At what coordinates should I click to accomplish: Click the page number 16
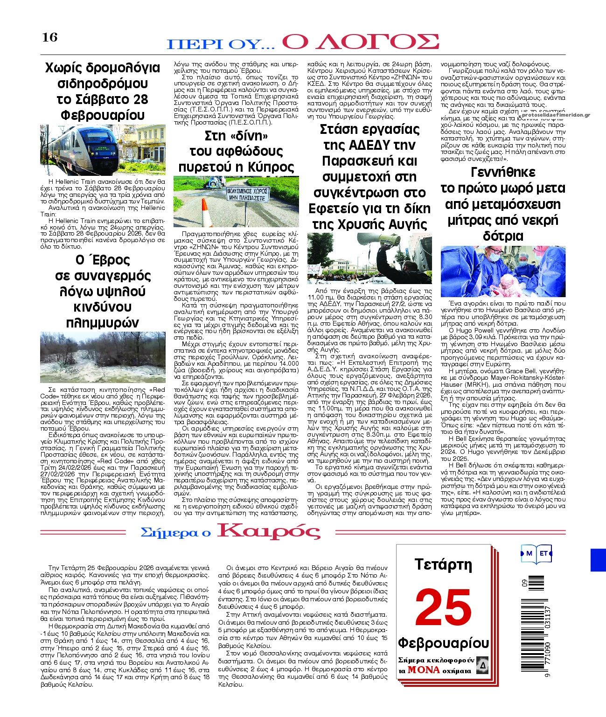point(50,37)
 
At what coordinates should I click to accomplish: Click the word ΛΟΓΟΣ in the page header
point(361,42)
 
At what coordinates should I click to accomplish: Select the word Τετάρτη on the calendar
point(443,565)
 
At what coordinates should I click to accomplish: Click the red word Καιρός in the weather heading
point(268,531)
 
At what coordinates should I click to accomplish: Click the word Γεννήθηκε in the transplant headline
point(503,172)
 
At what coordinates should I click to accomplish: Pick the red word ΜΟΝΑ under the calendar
point(423,670)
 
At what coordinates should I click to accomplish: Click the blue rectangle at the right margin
point(598,560)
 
